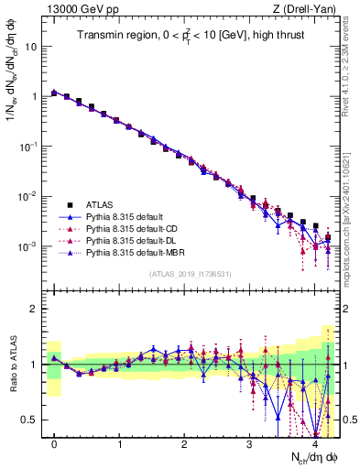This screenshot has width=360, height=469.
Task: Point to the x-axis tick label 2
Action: coord(184,444)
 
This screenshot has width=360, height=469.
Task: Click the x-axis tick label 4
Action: coord(314,444)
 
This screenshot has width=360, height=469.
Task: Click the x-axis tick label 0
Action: coord(55,444)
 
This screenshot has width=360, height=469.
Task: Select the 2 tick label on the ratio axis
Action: coord(35,309)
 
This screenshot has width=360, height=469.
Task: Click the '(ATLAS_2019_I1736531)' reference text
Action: coord(190,274)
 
